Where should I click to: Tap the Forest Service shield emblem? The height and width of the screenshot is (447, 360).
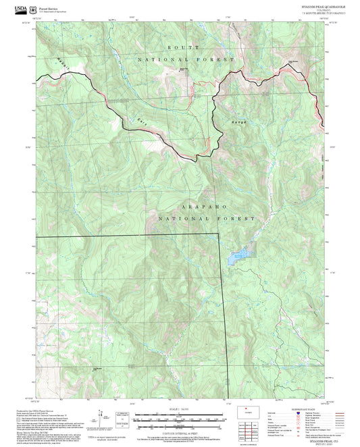(33, 8)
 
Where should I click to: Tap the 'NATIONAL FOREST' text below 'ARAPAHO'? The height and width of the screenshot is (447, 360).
(206, 219)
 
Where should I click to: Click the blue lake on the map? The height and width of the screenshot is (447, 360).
(238, 257)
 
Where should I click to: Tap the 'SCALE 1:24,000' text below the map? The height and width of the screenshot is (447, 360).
(180, 409)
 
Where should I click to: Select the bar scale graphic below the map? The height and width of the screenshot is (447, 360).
(180, 416)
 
